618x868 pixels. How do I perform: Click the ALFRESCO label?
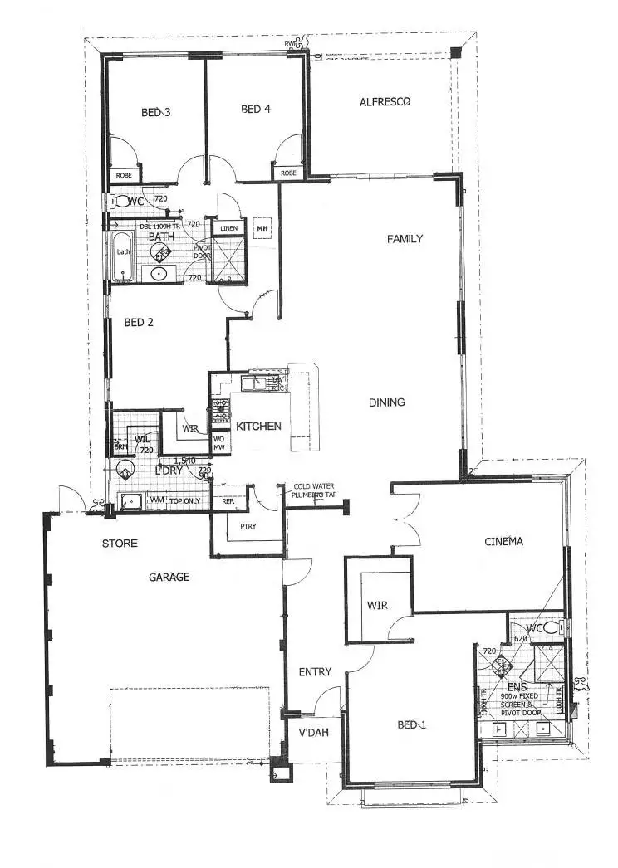click(386, 102)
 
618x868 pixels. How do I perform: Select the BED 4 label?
click(254, 108)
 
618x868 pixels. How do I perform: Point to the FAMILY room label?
click(405, 239)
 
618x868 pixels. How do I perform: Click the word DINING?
click(387, 402)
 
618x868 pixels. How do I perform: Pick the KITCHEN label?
click(259, 426)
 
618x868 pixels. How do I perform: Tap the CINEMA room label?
click(504, 542)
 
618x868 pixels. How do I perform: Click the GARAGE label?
click(169, 577)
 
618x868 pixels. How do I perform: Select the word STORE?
click(120, 544)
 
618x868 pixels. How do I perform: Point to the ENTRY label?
click(315, 671)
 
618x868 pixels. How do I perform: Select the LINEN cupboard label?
click(228, 228)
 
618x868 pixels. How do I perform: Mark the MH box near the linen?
click(262, 228)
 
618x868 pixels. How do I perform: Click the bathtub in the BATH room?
click(124, 252)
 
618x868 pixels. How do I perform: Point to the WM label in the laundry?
click(155, 500)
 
